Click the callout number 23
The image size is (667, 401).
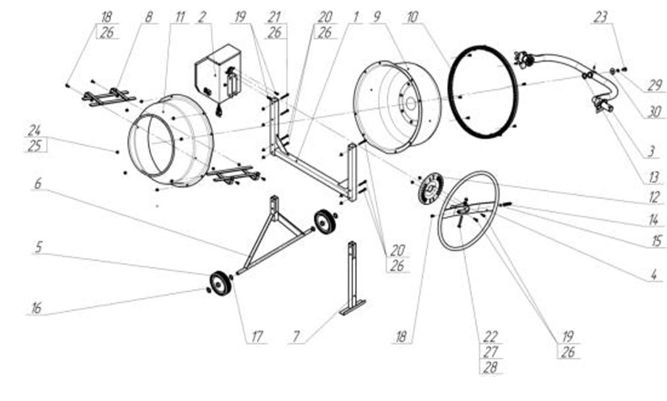tap(600, 17)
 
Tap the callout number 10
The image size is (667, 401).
tap(413, 17)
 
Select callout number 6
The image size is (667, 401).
tap(38, 184)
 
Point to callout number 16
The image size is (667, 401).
tap(36, 308)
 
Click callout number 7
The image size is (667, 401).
tap(296, 337)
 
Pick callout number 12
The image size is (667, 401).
tap(654, 197)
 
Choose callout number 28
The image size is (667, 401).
tap(490, 367)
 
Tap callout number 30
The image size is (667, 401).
tap(654, 112)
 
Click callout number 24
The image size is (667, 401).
tap(35, 130)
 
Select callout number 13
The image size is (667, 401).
tap(654, 178)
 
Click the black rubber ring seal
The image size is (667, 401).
tap(483, 92)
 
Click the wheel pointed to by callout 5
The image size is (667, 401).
tap(220, 284)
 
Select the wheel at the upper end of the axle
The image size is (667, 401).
tap(325, 222)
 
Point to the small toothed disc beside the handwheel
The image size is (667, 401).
tap(430, 189)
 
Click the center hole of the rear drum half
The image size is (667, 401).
tap(411, 104)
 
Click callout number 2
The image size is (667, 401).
tap(202, 17)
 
